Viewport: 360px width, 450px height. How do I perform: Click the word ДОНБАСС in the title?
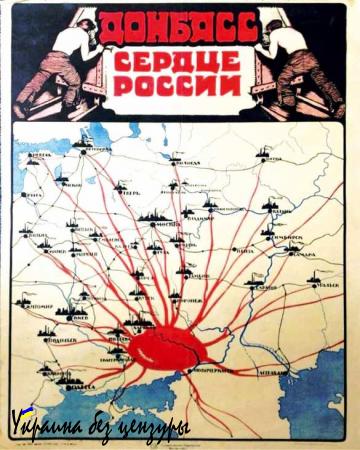coord(179,26)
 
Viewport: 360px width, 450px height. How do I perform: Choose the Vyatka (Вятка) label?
coord(270,158)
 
